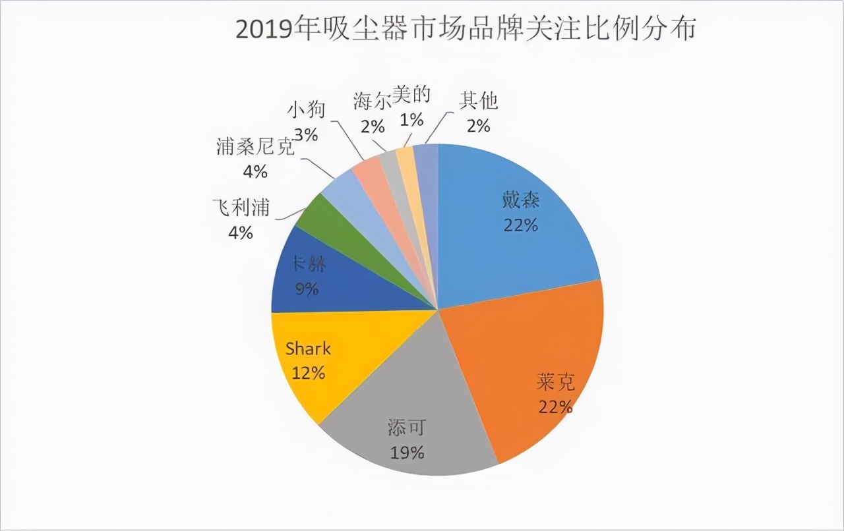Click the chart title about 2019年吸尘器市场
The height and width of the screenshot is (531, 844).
(466, 29)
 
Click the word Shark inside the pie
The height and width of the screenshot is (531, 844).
(308, 349)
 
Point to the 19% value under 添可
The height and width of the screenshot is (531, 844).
(406, 453)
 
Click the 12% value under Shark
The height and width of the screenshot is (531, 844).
(308, 373)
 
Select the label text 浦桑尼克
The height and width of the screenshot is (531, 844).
(255, 147)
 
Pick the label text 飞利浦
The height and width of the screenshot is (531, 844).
(241, 208)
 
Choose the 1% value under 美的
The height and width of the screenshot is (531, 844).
(413, 121)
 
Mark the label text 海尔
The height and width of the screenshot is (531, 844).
(372, 101)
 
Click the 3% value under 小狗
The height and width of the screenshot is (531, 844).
(307, 135)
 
